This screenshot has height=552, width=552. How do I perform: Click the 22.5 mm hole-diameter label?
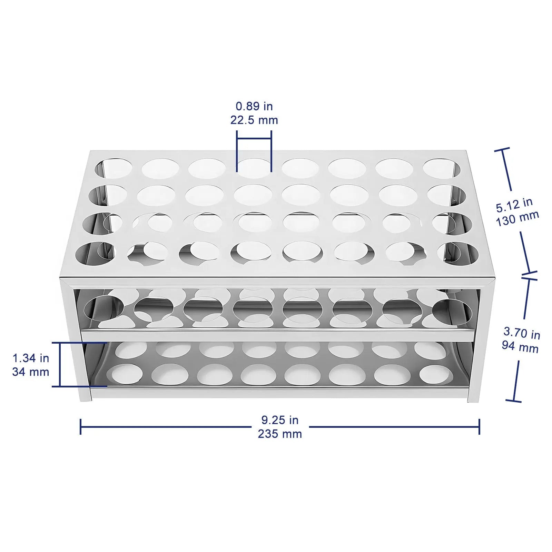tap(254, 120)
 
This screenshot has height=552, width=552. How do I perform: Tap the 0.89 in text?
tap(254, 106)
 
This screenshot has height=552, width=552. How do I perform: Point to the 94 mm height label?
tap(520, 346)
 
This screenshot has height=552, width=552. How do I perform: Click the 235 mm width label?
tap(280, 434)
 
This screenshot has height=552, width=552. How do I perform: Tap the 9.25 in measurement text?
tap(280, 420)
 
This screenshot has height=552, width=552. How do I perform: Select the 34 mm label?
tap(31, 372)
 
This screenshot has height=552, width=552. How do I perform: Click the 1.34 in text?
tap(31, 358)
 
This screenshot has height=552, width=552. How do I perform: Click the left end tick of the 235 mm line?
tap(80, 426)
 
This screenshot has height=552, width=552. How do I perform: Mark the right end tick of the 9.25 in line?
tap(479, 426)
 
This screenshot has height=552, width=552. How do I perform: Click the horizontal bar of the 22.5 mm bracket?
tap(254, 139)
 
